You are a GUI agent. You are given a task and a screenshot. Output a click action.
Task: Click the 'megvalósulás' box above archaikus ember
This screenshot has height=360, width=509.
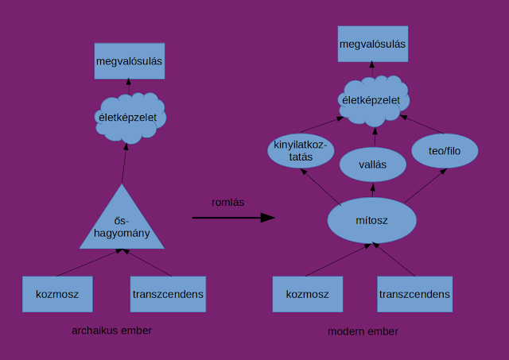click(130, 61)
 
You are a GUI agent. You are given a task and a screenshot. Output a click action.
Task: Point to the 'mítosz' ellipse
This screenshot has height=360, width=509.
click(372, 219)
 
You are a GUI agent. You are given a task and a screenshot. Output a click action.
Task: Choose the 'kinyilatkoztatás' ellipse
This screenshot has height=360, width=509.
click(301, 150)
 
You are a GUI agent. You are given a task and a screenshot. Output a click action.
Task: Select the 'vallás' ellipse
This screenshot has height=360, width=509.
click(373, 165)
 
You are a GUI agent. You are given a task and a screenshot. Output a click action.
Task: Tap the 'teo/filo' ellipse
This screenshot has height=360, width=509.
click(444, 150)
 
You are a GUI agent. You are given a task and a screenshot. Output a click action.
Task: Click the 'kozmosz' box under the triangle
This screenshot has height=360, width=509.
click(57, 294)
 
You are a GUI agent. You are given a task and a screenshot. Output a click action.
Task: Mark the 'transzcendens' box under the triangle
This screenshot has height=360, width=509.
click(168, 294)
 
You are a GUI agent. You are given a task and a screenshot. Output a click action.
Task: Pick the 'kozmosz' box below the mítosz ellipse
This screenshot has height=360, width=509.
click(307, 295)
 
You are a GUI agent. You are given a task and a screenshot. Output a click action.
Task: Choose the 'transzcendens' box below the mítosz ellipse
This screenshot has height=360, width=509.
click(414, 295)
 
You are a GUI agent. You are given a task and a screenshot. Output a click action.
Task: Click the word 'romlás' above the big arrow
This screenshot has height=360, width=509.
click(227, 202)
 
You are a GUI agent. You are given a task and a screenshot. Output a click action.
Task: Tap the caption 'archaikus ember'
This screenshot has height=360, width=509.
click(111, 330)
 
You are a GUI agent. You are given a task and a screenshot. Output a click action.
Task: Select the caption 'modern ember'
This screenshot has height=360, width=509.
click(363, 331)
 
